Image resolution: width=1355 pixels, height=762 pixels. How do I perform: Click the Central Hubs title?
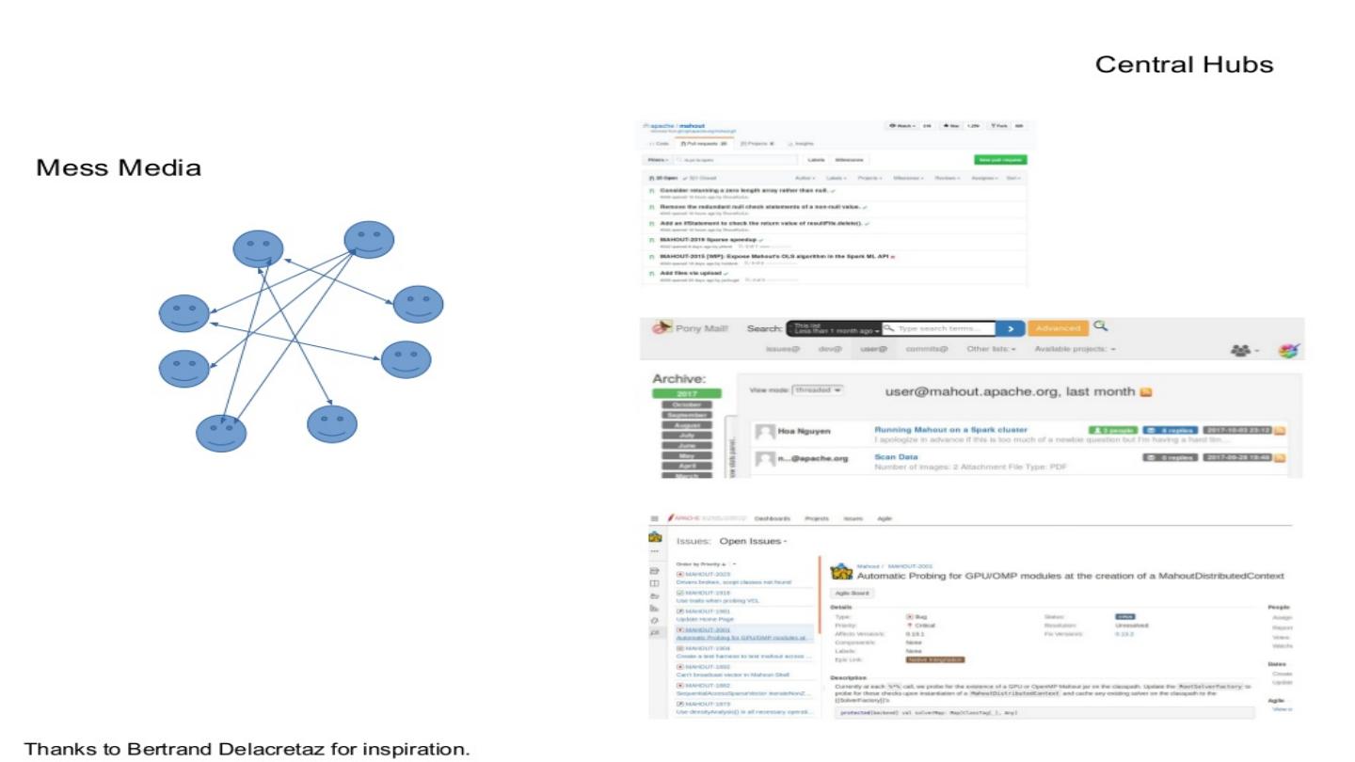(x=1184, y=65)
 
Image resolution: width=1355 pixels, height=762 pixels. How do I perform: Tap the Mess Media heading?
(x=119, y=168)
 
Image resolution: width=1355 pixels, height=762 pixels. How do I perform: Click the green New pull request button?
(x=1000, y=160)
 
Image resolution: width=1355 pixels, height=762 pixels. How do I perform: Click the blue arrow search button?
(x=1010, y=328)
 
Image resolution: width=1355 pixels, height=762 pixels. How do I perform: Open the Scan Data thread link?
(x=896, y=457)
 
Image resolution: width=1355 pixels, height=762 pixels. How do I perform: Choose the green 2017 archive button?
(x=685, y=393)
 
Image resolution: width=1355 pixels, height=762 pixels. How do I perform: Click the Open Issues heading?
(x=752, y=542)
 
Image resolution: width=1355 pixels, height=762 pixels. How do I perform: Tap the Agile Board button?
(x=853, y=594)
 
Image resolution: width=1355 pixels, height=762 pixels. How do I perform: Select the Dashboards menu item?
(x=772, y=518)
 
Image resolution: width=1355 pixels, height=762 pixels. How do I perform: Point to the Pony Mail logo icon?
(x=662, y=326)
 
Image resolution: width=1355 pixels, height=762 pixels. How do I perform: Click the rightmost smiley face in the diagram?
(x=418, y=304)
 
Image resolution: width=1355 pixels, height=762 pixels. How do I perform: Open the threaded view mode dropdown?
(x=817, y=389)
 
